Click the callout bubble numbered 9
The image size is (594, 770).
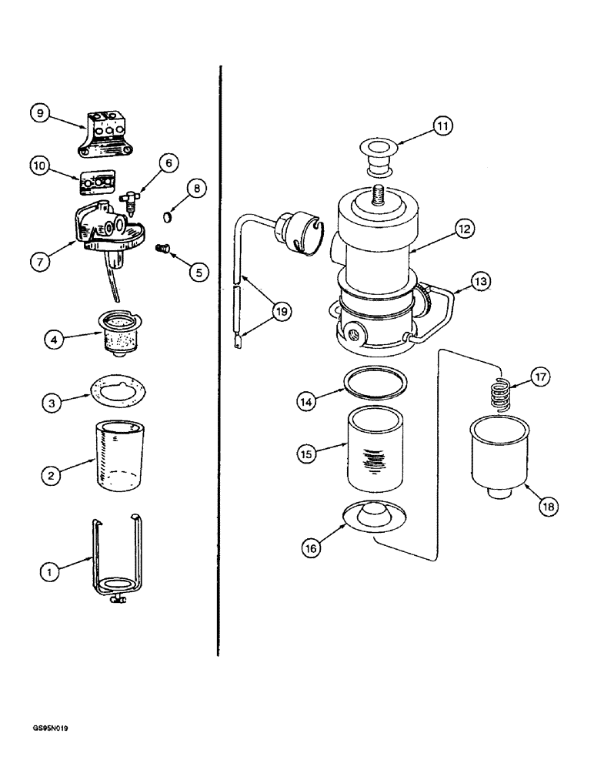point(42,113)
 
